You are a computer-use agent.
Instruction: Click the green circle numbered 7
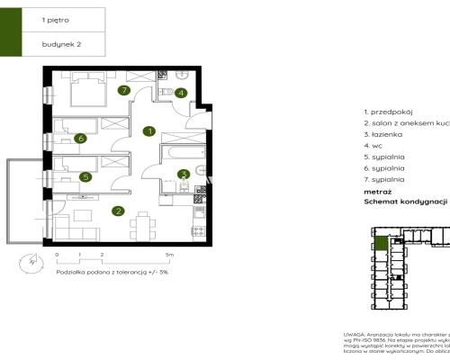pyautogui.click(x=125, y=90)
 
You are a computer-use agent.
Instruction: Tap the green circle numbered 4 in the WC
pyautogui.click(x=181, y=93)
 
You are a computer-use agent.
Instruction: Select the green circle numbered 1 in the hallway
pyautogui.click(x=148, y=130)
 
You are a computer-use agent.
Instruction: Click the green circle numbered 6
pyautogui.click(x=80, y=139)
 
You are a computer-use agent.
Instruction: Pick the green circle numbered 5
pyautogui.click(x=85, y=177)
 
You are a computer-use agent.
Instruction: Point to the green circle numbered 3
pyautogui.click(x=183, y=175)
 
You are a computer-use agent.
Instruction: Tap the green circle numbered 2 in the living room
pyautogui.click(x=118, y=211)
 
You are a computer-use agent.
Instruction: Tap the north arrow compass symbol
pyautogui.click(x=31, y=263)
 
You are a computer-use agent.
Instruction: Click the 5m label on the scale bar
pyautogui.click(x=169, y=256)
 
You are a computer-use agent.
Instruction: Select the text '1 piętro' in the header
pyautogui.click(x=55, y=18)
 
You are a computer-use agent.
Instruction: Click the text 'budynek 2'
pyautogui.click(x=60, y=43)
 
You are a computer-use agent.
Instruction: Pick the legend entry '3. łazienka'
pyautogui.click(x=384, y=133)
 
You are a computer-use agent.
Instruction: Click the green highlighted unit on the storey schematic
pyautogui.click(x=382, y=243)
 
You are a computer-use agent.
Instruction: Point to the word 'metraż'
pyautogui.click(x=378, y=192)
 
